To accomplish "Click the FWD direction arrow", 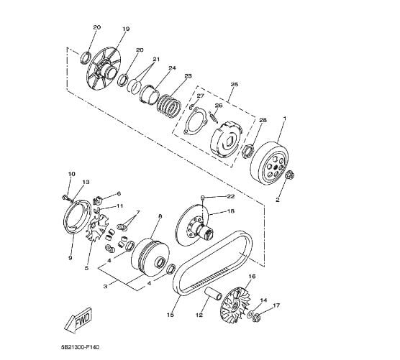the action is pyautogui.click(x=78, y=320).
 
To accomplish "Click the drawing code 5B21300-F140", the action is pyautogui.click(x=81, y=347).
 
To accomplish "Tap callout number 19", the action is pyautogui.click(x=126, y=29).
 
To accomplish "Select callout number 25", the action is pyautogui.click(x=235, y=84).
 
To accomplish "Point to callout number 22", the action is pyautogui.click(x=231, y=196).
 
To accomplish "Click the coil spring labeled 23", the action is pyautogui.click(x=169, y=106).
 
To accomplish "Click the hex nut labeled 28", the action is pyautogui.click(x=247, y=151).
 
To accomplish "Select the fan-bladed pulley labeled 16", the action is pyautogui.click(x=236, y=305).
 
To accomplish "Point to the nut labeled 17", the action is pyautogui.click(x=256, y=318).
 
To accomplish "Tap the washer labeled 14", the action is pyautogui.click(x=250, y=314).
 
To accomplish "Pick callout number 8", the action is pyautogui.click(x=160, y=216).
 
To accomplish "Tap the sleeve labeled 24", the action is pyautogui.click(x=149, y=95).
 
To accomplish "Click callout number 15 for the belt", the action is pyautogui.click(x=171, y=315).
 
